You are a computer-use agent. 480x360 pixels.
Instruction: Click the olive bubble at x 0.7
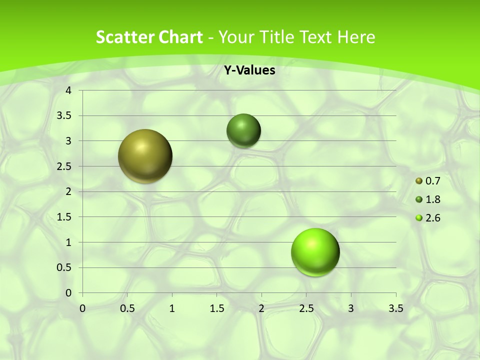pos(145,156)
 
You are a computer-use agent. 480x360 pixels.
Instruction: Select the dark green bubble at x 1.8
pos(244,130)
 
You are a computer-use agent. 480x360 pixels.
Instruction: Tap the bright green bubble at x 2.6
pos(315,252)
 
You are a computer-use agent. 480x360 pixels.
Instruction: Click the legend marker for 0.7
pos(419,181)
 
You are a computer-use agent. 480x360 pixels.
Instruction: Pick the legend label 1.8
pos(433,199)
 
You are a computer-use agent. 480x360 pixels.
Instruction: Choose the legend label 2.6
pos(433,218)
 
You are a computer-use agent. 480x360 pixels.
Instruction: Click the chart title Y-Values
pos(249,70)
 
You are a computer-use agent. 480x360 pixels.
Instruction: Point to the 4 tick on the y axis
pos(68,90)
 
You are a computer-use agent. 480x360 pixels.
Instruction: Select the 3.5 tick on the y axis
pos(65,116)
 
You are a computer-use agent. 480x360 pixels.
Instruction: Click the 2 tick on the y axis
pos(68,191)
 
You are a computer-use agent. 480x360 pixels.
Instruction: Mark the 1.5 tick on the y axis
pos(65,217)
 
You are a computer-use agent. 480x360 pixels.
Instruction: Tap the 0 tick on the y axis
pos(68,293)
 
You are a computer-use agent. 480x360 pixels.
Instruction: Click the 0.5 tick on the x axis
pos(127,308)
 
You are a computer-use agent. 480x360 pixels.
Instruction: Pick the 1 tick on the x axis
pos(172,308)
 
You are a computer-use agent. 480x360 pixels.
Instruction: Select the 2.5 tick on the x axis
pos(306,308)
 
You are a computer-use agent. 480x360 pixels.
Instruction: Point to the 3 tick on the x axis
pos(351,308)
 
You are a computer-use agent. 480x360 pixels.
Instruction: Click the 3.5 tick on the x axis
pos(395,308)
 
